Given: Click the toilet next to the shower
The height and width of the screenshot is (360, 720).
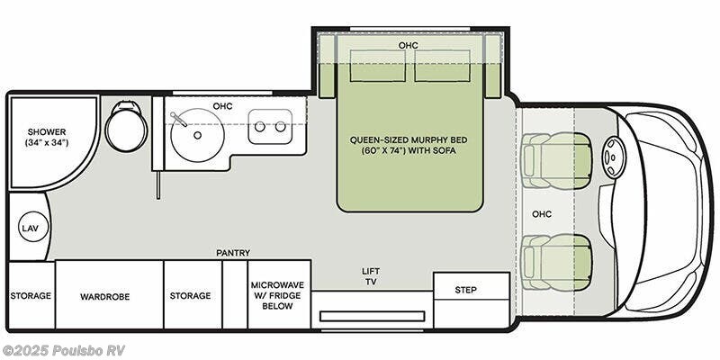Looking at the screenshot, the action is [126, 127].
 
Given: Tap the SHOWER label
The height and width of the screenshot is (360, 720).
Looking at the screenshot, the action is [47, 131].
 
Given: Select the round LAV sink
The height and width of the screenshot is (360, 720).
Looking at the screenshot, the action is [33, 227].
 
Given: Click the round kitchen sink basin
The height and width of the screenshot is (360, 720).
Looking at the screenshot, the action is [197, 135].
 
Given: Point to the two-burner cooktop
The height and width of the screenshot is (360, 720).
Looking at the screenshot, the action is [270, 126].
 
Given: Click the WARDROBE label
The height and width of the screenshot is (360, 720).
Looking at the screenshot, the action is [105, 297].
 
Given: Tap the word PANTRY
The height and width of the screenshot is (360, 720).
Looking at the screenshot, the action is [233, 253].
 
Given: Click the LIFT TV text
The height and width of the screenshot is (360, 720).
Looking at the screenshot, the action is [371, 276].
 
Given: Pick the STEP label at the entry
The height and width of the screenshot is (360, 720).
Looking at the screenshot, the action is [465, 290].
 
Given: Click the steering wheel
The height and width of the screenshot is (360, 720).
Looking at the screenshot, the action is [614, 157].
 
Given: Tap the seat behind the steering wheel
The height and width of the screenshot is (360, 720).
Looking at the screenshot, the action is [556, 160].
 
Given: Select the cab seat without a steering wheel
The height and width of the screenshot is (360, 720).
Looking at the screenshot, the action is [556, 262].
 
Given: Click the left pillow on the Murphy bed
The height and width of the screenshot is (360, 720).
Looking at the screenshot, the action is [378, 66].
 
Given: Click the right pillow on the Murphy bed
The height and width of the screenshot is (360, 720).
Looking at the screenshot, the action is [442, 66].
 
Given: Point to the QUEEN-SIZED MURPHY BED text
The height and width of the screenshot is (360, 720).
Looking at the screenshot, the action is [409, 139].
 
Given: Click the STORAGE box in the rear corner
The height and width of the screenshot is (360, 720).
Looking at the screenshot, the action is [31, 295].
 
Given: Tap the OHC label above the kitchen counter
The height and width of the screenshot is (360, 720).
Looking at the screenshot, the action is [222, 106].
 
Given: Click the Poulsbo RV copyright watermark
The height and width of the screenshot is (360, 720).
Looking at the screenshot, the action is [63, 350].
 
